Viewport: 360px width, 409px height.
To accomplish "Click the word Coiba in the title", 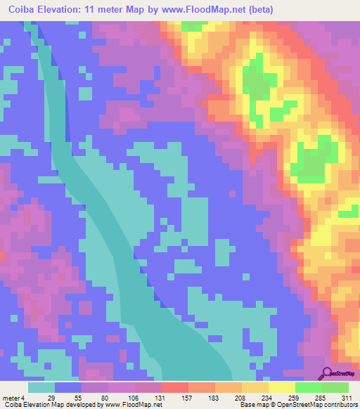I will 19,10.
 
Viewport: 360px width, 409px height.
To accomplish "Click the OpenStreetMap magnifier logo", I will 328,374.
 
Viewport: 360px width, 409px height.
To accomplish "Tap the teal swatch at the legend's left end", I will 41,387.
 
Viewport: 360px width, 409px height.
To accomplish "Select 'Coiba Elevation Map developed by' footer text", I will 51,405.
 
